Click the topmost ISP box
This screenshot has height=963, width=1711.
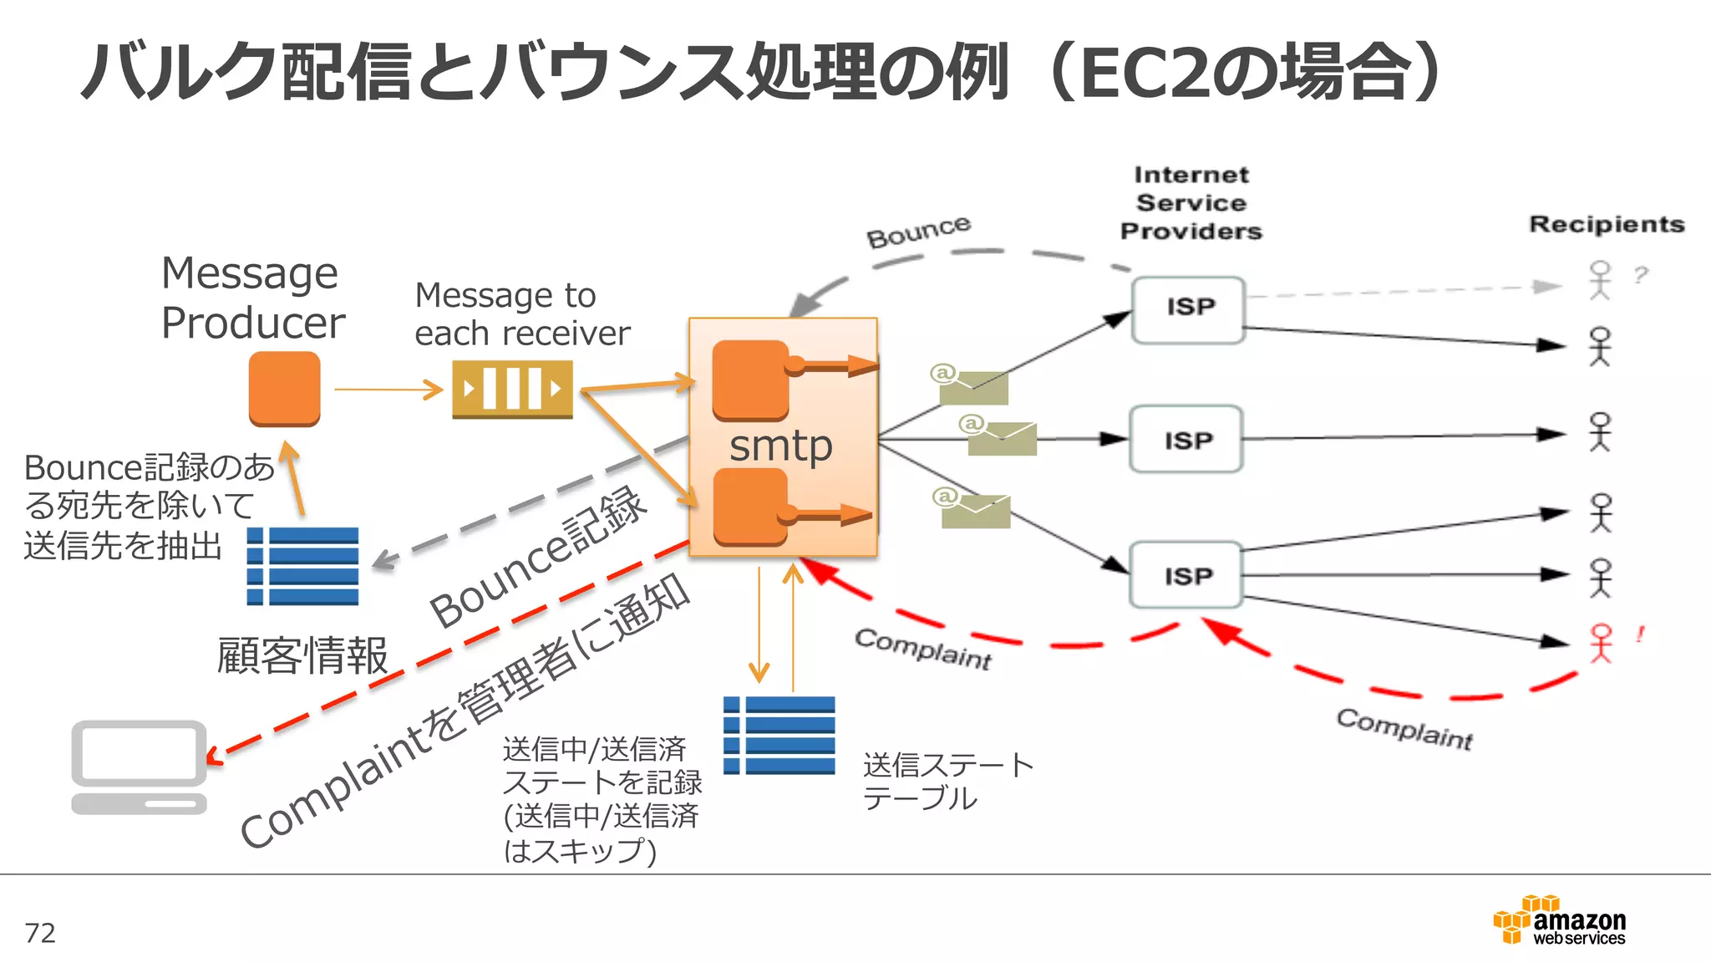1188,309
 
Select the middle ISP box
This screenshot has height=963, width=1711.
1186,440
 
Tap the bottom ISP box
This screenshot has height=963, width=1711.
1186,575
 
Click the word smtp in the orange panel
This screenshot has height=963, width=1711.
780,445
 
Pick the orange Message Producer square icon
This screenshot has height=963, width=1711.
284,388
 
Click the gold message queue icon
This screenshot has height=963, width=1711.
512,389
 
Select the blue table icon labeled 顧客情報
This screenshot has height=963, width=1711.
302,566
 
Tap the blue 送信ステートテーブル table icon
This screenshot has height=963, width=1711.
779,735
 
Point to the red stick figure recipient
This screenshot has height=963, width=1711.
1601,643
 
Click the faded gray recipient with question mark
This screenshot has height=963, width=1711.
1600,280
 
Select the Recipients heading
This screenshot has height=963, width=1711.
1606,224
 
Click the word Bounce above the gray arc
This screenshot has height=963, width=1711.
918,231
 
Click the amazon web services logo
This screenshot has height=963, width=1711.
1559,921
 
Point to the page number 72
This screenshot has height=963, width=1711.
40,932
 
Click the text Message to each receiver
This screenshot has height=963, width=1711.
521,314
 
